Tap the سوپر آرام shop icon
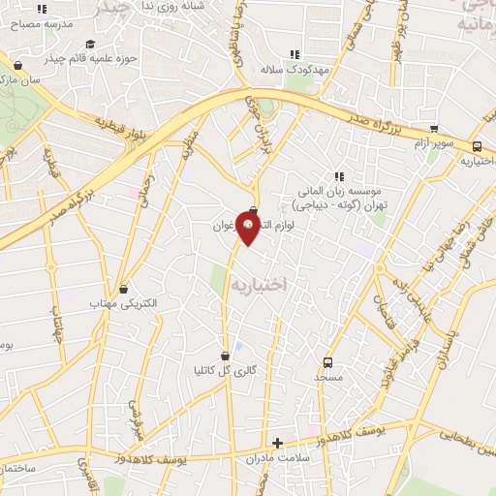point(434,128)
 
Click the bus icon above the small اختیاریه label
point(478,146)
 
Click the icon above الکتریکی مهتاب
point(123,290)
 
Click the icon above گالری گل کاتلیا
point(226,355)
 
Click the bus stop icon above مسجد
point(328,361)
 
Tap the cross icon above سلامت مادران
point(277,443)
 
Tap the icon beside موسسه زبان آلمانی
point(339,176)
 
